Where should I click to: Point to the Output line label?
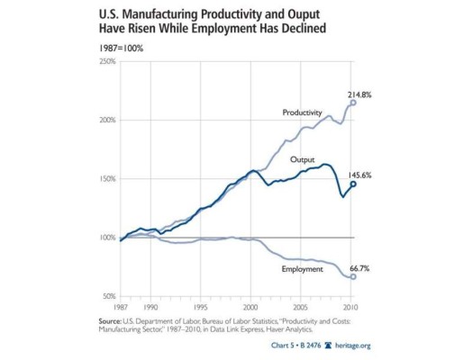point(303,159)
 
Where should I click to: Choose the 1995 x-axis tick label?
point(207,305)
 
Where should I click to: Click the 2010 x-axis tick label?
point(353,305)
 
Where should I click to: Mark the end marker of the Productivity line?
point(353,103)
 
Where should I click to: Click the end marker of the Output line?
point(353,184)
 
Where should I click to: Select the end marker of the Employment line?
point(353,276)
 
